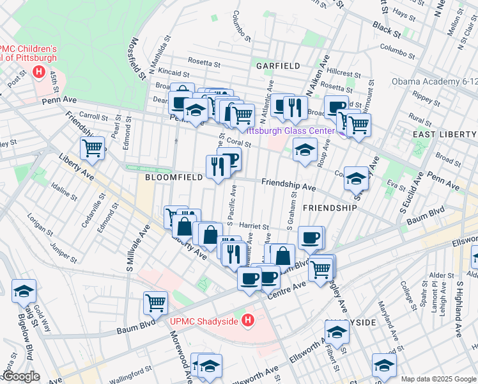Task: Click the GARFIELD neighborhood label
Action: (x=278, y=66)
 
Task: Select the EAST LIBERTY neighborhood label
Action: (x=444, y=134)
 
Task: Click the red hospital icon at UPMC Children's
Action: (x=40, y=72)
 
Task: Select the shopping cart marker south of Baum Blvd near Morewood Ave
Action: (x=156, y=303)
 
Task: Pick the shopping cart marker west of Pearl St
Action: (x=93, y=148)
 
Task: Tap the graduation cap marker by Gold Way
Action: (x=24, y=291)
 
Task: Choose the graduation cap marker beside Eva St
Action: (x=357, y=179)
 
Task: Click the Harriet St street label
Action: (x=254, y=226)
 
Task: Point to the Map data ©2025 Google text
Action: (x=438, y=378)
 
